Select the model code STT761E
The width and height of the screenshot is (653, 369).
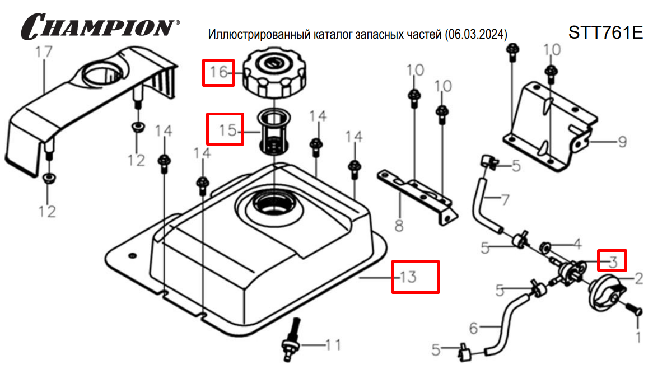coord(605,32)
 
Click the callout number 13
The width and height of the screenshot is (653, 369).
coord(408,276)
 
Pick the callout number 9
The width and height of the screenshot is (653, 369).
coord(622,142)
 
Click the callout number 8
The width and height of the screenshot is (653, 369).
coord(399,226)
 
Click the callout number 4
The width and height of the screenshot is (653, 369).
coord(577,244)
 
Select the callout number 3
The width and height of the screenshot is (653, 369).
coord(613,261)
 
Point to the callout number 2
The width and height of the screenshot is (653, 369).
coord(638,276)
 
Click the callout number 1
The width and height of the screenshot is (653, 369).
coord(637,337)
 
